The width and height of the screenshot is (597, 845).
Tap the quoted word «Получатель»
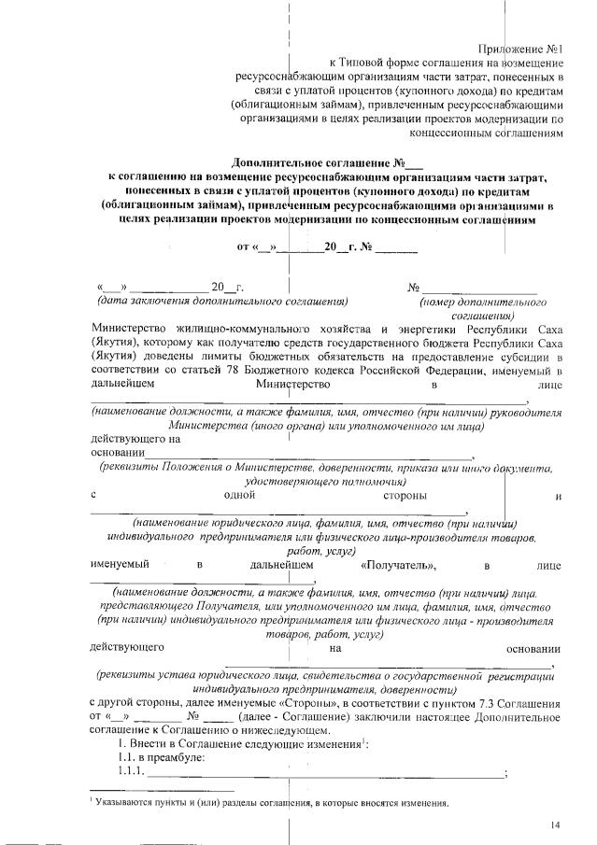[398, 566]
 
